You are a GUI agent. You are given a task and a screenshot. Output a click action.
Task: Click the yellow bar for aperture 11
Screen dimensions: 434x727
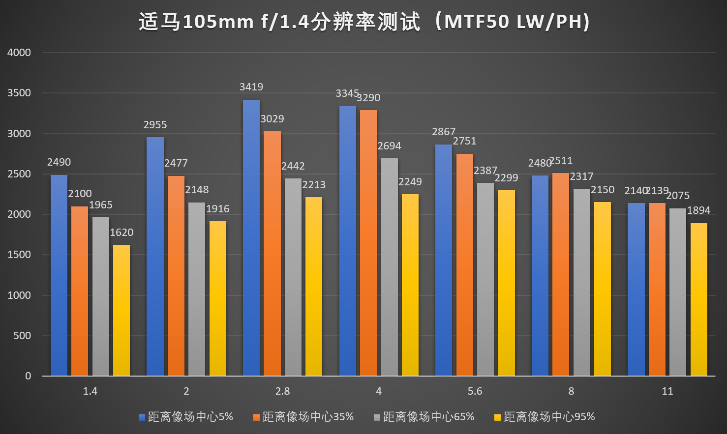pos(699,299)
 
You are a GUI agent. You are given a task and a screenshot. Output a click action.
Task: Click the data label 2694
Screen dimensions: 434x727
pos(389,146)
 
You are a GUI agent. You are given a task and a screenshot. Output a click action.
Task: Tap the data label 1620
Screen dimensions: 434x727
pos(121,232)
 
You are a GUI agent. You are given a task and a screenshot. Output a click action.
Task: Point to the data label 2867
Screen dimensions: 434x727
pos(444,132)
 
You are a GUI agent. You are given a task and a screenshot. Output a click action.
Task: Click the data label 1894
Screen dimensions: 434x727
pos(698,210)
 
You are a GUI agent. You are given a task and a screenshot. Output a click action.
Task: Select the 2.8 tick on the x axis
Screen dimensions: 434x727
pos(282,391)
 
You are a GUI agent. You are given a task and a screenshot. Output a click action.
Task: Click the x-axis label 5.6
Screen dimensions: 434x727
pos(475,391)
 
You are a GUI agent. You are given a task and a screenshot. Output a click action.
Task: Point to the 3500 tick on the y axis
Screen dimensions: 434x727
pos(19,93)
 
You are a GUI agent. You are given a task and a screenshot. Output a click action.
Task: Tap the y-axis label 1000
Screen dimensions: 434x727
pos(19,295)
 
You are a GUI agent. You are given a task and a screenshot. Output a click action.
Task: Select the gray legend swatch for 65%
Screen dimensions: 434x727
pos(377,417)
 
